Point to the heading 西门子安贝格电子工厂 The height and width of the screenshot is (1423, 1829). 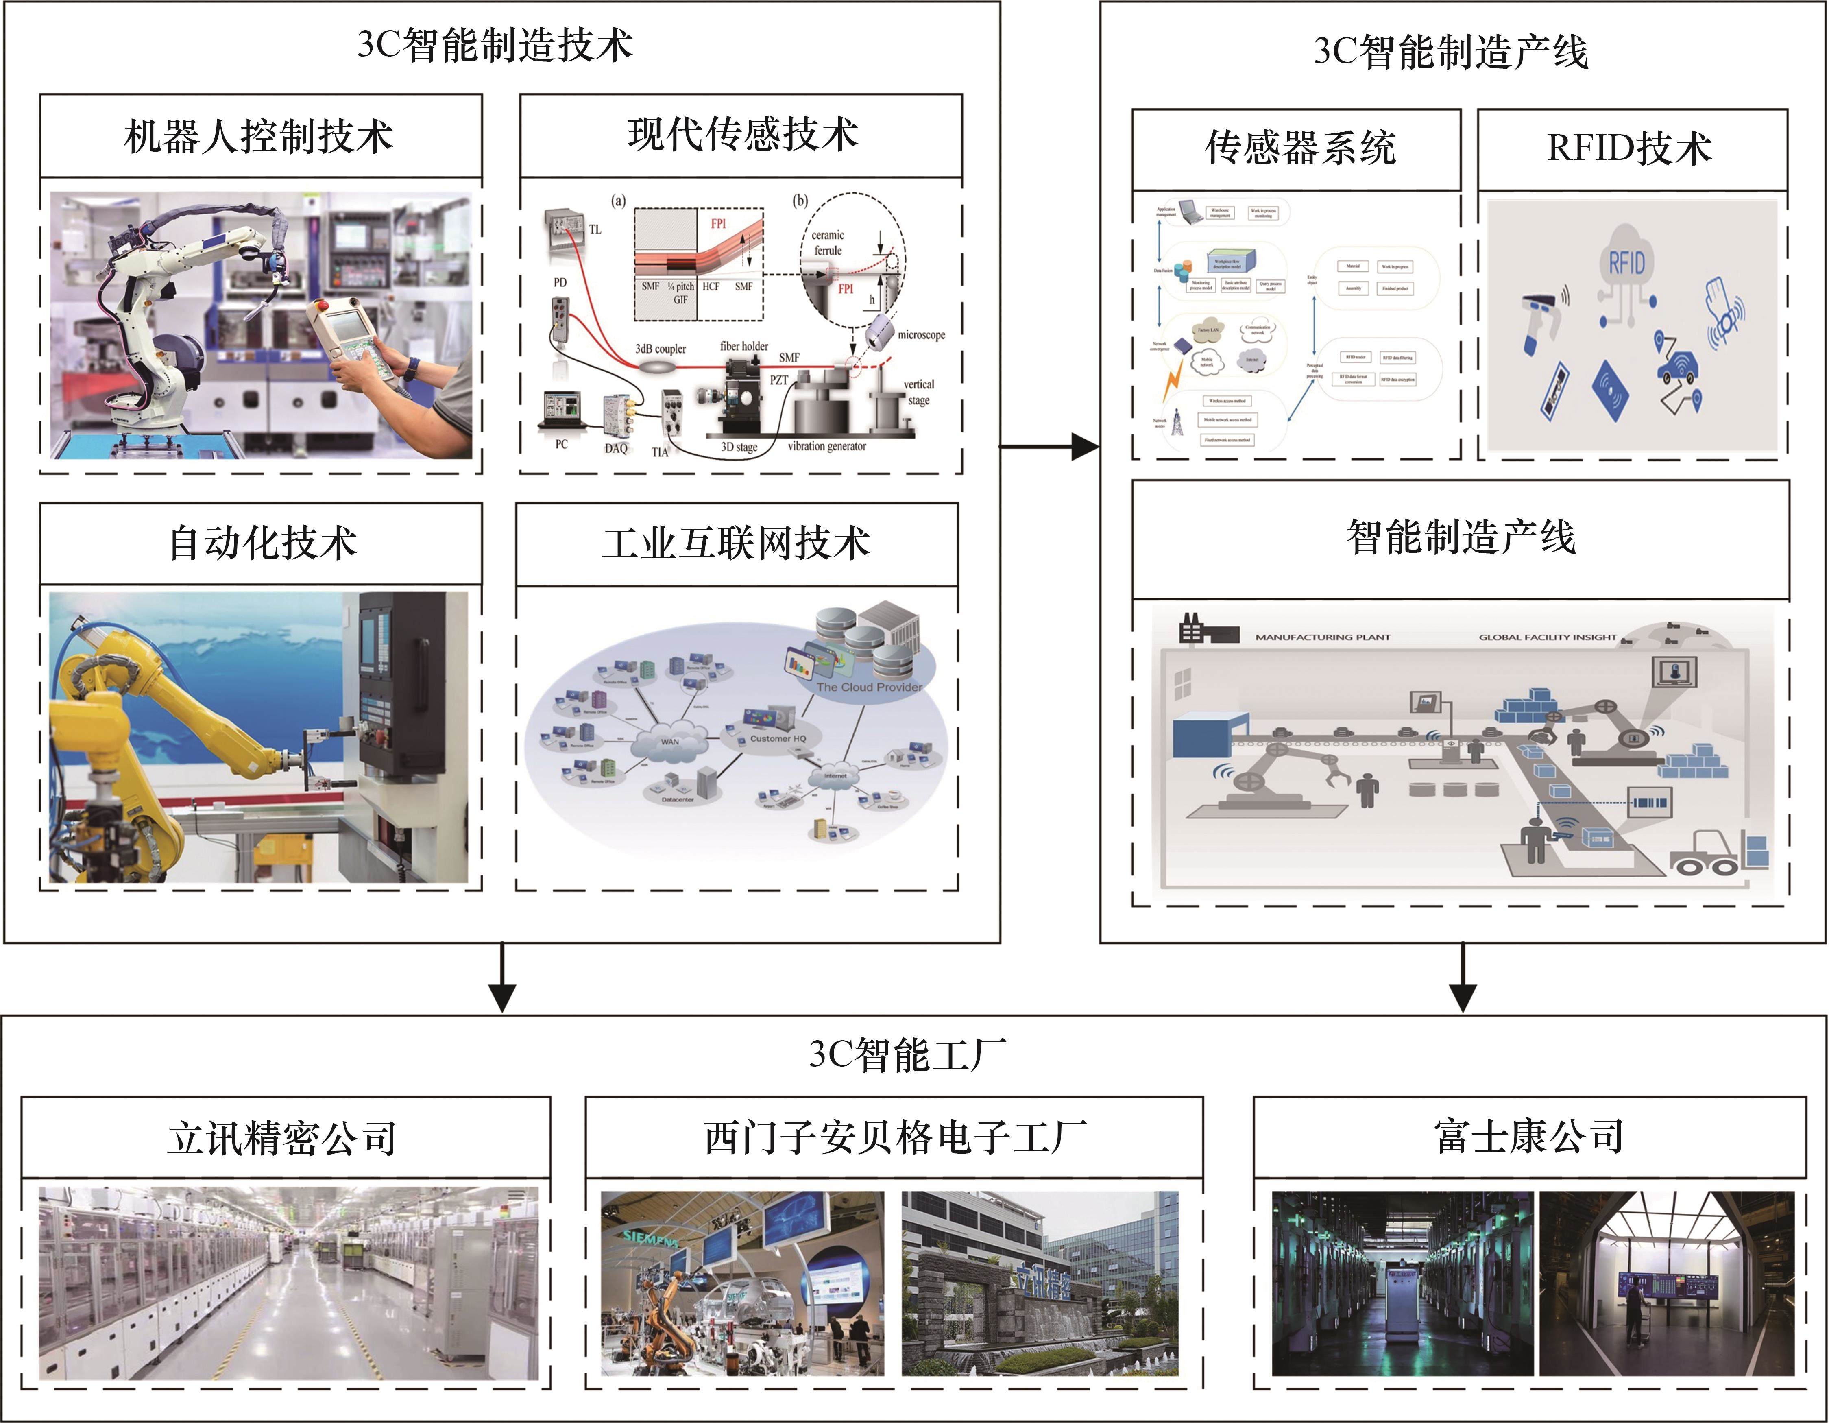coord(894,1137)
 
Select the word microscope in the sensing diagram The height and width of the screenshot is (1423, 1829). coord(921,335)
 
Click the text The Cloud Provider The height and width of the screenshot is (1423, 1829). coord(868,687)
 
